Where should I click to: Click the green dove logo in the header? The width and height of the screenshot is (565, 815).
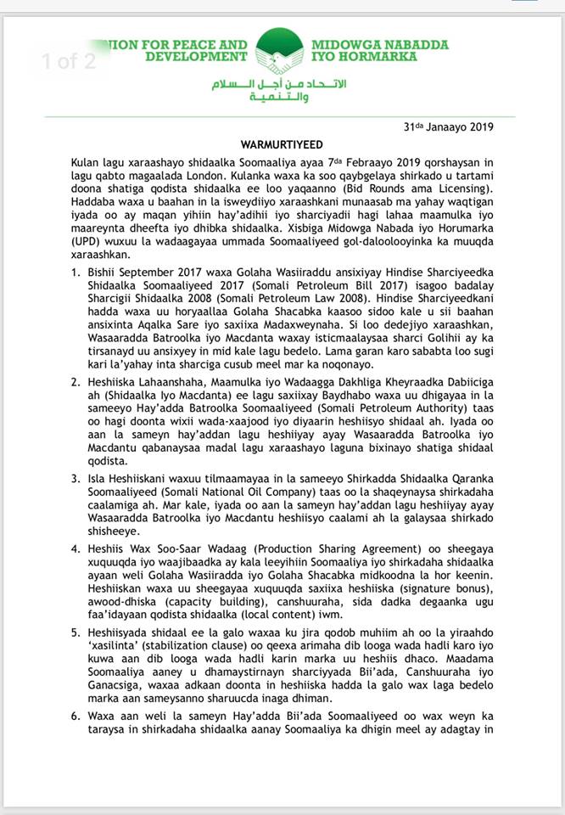coord(279,51)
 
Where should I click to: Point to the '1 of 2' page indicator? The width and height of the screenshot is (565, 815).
coord(70,61)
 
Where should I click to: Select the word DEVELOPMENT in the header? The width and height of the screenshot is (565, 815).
coord(193,57)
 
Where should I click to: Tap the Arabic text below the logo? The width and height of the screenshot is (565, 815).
coord(280,92)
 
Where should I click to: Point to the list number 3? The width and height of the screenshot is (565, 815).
coord(76,478)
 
